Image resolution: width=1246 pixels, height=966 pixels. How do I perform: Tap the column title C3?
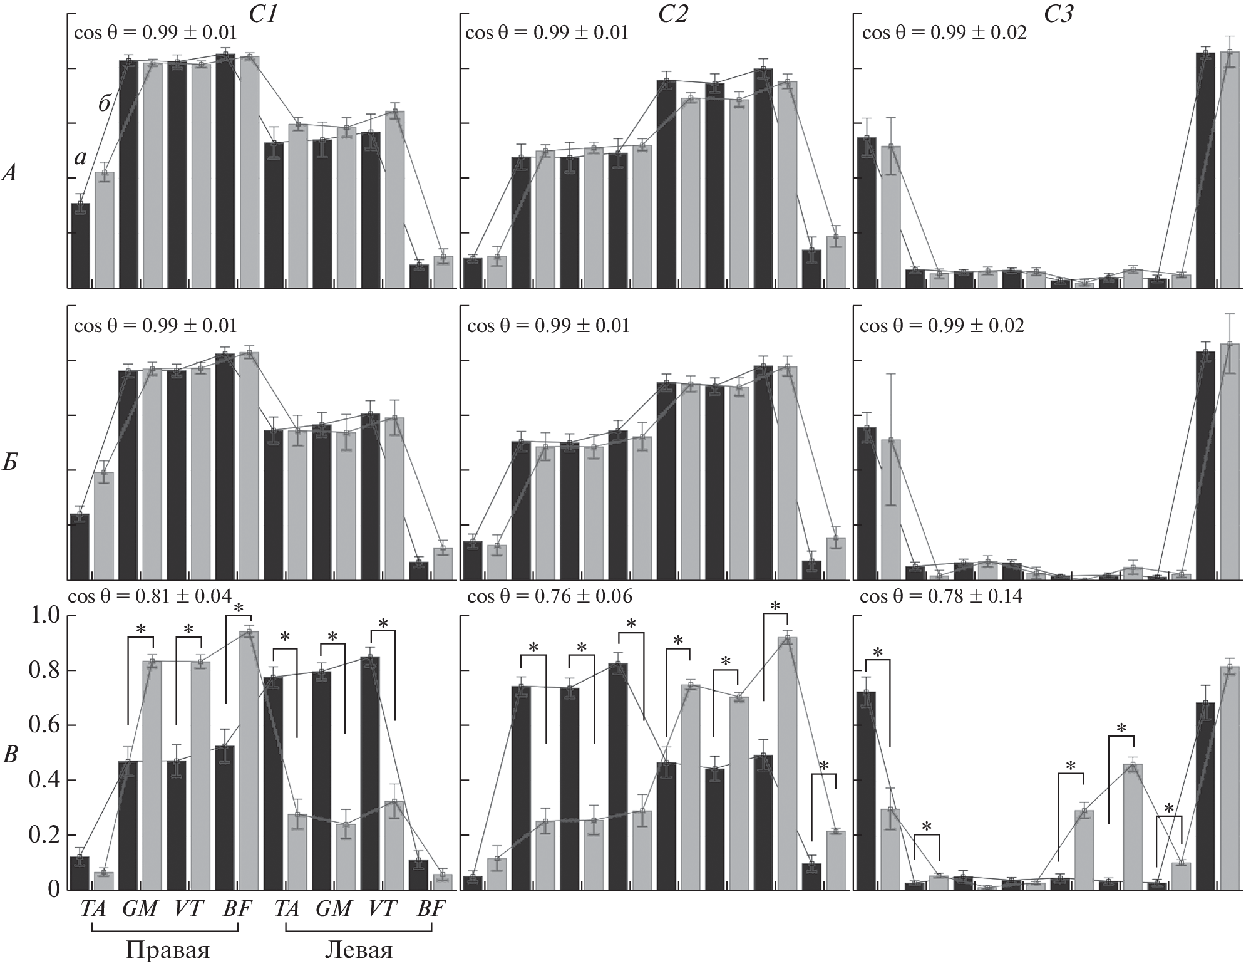click(x=1058, y=13)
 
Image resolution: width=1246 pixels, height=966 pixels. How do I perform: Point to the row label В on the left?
click(x=11, y=755)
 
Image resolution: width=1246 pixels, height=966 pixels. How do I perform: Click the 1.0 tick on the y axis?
click(x=45, y=616)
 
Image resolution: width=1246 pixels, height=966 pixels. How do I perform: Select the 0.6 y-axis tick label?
click(x=45, y=725)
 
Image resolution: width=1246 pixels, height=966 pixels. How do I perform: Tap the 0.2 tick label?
click(x=45, y=836)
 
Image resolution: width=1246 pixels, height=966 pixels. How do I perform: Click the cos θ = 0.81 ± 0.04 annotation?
click(x=149, y=596)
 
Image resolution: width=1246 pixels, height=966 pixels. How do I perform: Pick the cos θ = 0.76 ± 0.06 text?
click(x=549, y=596)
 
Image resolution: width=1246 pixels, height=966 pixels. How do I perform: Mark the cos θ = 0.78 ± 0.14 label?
click(x=941, y=596)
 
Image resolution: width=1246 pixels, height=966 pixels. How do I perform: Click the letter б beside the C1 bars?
click(x=105, y=103)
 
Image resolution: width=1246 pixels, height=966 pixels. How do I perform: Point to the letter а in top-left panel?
click(x=80, y=158)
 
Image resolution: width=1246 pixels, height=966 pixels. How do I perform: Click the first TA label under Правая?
click(x=93, y=908)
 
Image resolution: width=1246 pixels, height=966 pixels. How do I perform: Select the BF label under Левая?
click(x=431, y=908)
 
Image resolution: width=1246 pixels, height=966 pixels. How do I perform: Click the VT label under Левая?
click(x=383, y=908)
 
